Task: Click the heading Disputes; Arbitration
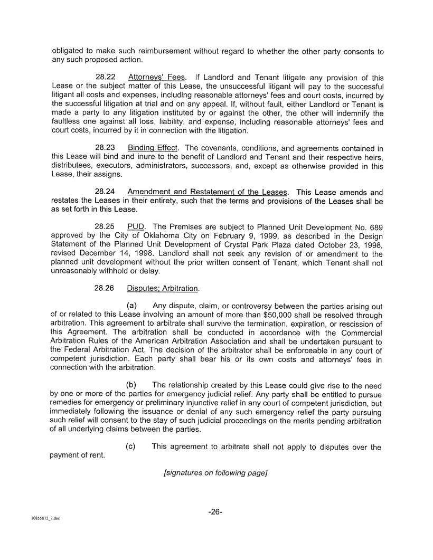click(163, 289)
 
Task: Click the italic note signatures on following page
click(216, 473)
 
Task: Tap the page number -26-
click(216, 511)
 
